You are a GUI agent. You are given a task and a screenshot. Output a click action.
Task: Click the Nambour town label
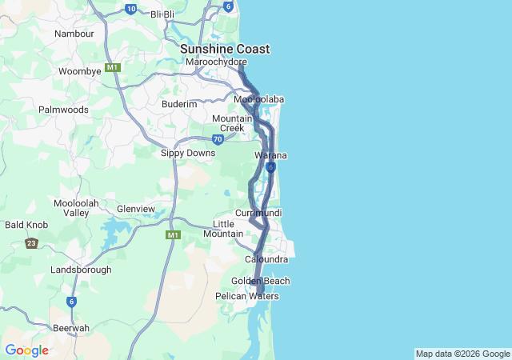point(74,34)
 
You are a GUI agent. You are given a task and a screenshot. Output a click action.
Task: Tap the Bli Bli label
point(162,14)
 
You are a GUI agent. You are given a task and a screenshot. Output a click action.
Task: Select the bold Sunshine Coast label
point(224,49)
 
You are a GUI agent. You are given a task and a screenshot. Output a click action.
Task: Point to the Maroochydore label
point(216,62)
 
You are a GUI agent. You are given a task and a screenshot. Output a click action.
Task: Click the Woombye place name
point(80,71)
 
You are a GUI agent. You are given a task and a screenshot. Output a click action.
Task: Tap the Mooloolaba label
point(259,99)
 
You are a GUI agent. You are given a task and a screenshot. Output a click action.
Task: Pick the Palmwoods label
point(63,109)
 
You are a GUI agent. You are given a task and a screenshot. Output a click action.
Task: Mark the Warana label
point(271,155)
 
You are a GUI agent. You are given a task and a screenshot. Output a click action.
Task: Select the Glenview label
point(136,209)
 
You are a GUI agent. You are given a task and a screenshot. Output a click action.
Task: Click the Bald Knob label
point(26,225)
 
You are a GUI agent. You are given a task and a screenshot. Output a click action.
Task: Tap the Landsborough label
point(81,270)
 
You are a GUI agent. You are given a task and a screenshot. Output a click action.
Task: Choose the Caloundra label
point(266,260)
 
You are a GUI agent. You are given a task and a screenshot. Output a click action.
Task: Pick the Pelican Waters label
point(247,296)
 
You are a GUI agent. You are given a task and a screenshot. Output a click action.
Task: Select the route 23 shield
point(31,242)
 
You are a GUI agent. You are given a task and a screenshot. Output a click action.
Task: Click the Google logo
point(26,350)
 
